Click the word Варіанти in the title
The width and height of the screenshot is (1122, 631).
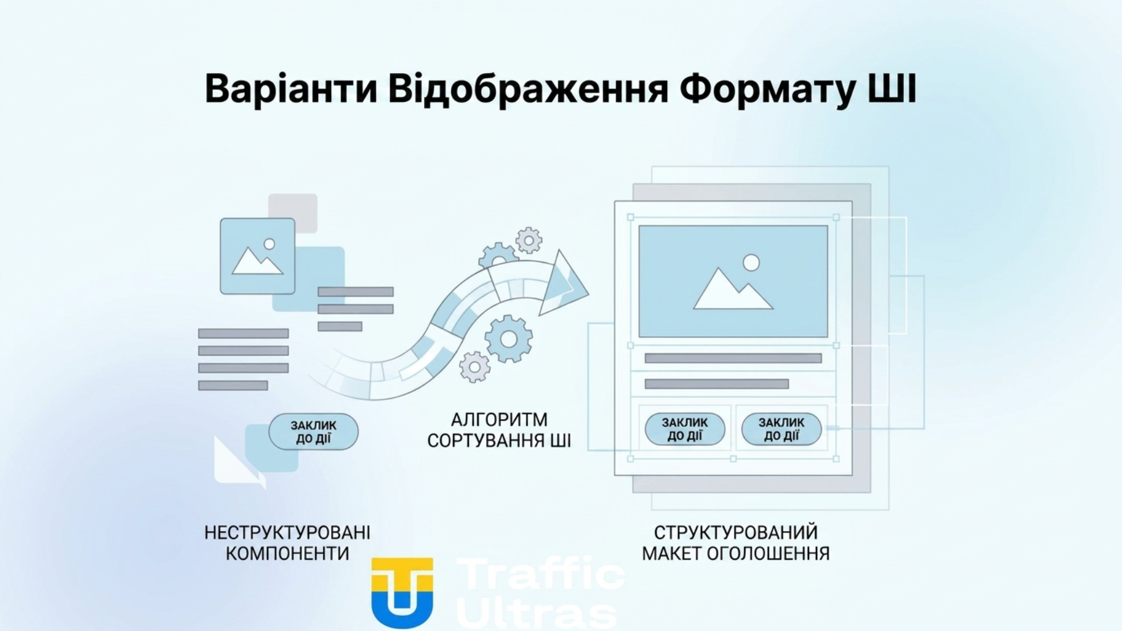coord(290,89)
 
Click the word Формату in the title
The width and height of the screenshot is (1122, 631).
coord(767,89)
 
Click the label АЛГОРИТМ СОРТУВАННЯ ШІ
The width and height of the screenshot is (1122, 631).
coord(499,430)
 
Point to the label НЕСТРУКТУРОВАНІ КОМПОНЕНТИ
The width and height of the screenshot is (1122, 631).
coord(287,542)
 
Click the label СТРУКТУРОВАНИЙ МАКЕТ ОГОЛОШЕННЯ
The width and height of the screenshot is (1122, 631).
coord(735,542)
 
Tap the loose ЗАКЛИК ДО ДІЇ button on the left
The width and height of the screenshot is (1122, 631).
coord(313,432)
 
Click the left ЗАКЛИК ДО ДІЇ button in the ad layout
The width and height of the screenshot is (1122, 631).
coord(685,429)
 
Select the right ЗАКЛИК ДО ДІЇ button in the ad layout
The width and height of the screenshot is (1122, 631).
coord(781,429)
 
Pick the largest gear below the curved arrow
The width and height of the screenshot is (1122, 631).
coord(509,339)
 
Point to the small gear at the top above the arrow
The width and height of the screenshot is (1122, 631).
coord(529,240)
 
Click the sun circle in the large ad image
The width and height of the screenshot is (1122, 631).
coord(751,263)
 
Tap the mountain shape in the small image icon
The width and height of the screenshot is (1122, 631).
coord(256,263)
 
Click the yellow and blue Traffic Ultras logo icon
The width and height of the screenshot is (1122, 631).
coord(402,592)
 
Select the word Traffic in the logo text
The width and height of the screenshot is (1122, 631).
coord(540,574)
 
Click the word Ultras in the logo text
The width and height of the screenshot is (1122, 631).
coord(537,614)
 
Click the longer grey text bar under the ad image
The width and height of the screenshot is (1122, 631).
coord(733,358)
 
